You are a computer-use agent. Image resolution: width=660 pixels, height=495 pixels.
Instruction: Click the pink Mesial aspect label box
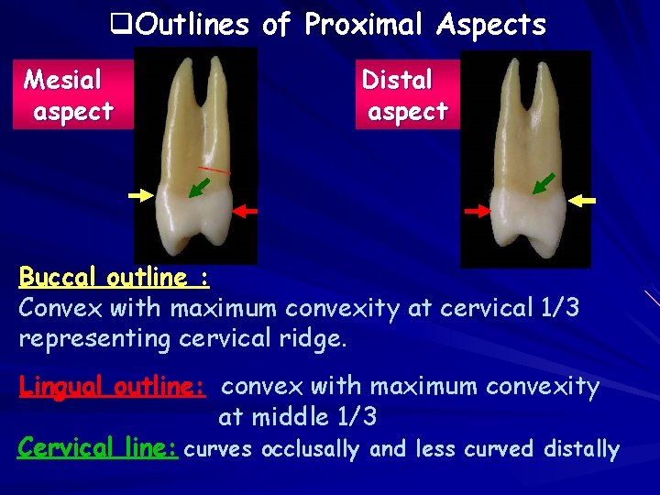click(69, 95)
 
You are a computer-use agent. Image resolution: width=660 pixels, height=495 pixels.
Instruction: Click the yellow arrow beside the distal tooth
click(582, 199)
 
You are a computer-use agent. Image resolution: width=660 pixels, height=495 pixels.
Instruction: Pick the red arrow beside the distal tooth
click(477, 211)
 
